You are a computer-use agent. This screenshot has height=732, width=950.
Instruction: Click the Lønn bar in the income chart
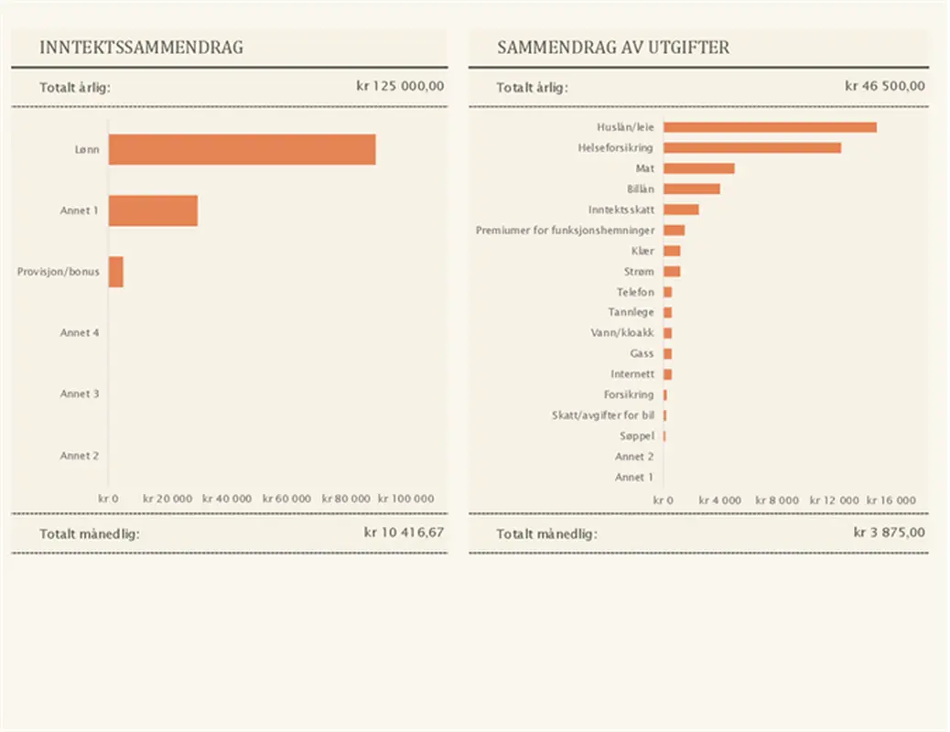242,149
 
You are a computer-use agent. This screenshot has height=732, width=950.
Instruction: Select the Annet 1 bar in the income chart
153,210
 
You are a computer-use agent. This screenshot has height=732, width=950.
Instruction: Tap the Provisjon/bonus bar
116,272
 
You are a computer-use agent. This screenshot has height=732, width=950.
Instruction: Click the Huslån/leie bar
770,127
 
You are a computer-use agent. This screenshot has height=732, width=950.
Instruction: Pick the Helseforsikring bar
751,147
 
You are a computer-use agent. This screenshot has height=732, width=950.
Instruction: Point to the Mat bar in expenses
698,168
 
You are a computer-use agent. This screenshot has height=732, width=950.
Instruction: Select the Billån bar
691,188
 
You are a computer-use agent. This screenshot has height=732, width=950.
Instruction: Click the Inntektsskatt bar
681,210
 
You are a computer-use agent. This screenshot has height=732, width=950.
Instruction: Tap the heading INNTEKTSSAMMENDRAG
142,48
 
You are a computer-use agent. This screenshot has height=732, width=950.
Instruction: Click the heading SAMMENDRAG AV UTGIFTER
613,48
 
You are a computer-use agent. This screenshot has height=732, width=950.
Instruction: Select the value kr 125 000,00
400,87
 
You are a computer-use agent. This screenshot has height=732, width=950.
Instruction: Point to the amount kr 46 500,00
884,87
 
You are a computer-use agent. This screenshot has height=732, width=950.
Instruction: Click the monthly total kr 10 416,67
404,533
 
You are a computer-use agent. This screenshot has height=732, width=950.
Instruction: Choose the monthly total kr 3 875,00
889,533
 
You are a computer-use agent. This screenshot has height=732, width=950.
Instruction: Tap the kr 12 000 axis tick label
837,501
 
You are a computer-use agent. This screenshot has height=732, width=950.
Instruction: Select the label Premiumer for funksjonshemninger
565,231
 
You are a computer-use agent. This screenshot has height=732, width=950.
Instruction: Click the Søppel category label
636,436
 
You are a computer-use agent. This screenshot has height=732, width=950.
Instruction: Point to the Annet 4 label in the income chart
80,333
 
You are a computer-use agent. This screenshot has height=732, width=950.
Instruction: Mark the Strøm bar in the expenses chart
672,272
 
